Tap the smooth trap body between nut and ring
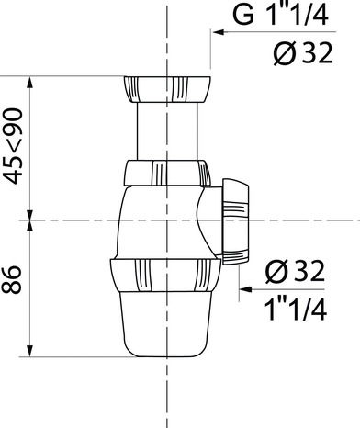156,225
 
